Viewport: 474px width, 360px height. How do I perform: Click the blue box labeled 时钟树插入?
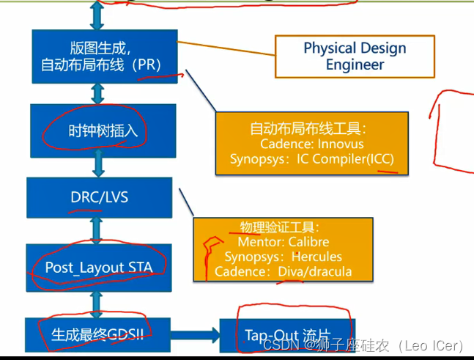(103, 131)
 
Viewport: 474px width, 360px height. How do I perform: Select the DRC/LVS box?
(99, 197)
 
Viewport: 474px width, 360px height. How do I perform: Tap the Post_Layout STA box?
(99, 267)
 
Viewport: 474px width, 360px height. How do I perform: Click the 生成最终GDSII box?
(99, 334)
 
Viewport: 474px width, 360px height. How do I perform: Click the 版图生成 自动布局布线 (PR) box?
(105, 56)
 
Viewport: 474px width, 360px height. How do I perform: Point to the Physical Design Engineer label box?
(355, 56)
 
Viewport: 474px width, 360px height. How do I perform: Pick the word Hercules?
(316, 257)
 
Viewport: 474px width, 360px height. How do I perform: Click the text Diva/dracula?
(315, 271)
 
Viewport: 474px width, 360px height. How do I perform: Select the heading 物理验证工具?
(280, 227)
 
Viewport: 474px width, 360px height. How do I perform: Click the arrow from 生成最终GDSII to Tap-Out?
(196, 336)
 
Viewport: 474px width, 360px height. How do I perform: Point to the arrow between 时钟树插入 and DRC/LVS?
(98, 167)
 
